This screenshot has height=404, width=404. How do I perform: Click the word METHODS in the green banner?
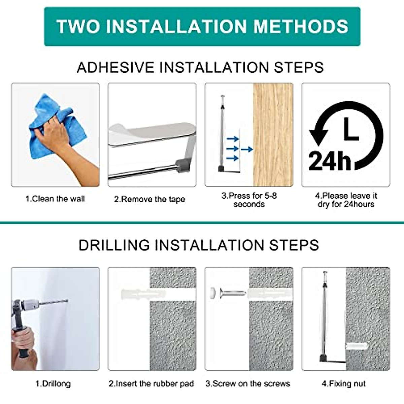(301, 26)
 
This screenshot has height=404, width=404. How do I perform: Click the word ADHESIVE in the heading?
(115, 68)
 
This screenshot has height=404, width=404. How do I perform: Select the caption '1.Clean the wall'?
(55, 199)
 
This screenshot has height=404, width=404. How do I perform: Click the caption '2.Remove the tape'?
(149, 199)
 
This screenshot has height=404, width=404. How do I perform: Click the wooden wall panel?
(273, 135)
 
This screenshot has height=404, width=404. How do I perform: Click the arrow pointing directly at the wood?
(247, 149)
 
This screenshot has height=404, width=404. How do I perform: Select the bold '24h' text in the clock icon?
(330, 161)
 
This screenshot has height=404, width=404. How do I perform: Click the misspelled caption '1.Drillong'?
(53, 384)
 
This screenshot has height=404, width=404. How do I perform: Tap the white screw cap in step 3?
(214, 292)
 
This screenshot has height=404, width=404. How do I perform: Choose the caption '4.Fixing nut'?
(344, 384)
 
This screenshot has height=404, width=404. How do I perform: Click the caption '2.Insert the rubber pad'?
(151, 384)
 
